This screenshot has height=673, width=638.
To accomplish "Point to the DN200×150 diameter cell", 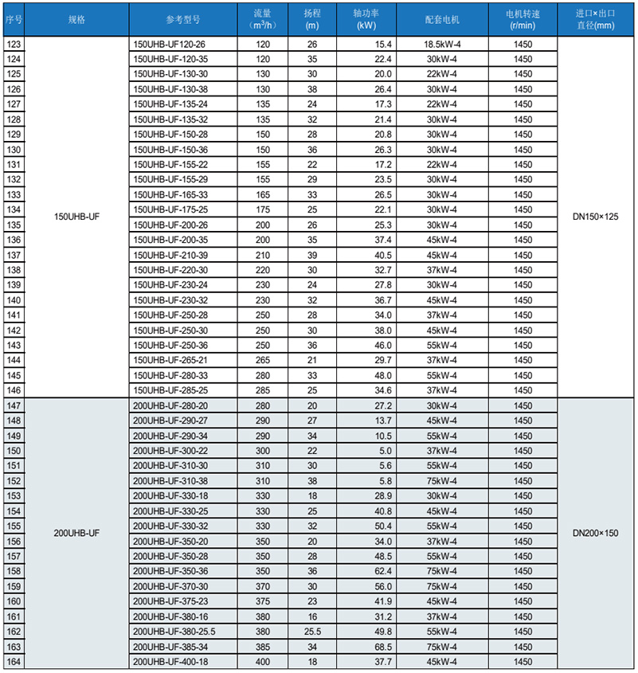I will (596, 533).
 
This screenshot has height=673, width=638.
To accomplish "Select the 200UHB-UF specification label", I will (76, 533).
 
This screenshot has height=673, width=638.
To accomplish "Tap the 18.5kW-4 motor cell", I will (443, 45).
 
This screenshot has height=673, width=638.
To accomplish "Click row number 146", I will (14, 390).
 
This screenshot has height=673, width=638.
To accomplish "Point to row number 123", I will (14, 45).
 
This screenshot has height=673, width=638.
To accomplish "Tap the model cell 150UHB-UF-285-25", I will (171, 390).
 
